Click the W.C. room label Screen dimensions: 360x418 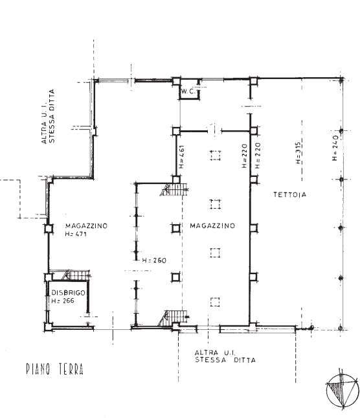pos(188,91)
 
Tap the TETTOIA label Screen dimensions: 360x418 pos(289,194)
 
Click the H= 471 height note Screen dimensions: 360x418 pos(76,234)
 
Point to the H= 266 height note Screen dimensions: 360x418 pos(63,301)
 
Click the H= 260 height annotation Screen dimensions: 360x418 pos(154,260)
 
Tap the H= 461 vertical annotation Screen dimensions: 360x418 pos(182,157)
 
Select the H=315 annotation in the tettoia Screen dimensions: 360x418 pos(298,153)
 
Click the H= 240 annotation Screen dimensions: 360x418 pos(335,148)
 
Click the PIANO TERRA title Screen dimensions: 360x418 pos(55,369)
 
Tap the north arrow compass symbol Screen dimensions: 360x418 pos(343,389)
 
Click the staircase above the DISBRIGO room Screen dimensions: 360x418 pos(76,275)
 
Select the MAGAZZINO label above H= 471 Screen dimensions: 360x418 pos(86,226)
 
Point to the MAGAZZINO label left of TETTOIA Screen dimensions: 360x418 pos(212,226)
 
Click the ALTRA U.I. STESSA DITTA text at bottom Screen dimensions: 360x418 pos(225,356)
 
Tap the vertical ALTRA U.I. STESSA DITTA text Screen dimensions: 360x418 pos(48,117)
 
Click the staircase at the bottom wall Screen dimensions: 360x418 pos(174,318)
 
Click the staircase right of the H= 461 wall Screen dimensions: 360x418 pos(174,189)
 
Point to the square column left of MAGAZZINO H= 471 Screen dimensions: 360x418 pos(49,229)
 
